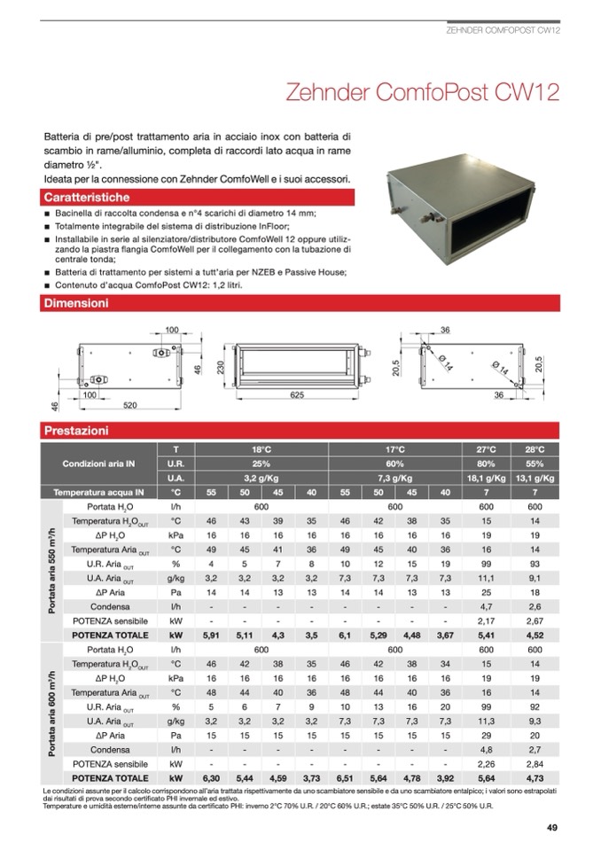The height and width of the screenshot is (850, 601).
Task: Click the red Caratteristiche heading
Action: pyautogui.click(x=87, y=197)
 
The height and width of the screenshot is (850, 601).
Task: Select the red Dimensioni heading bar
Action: pyautogui.click(x=76, y=304)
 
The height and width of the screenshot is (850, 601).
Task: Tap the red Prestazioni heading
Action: pyautogui.click(x=76, y=431)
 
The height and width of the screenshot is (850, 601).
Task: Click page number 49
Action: pyautogui.click(x=551, y=828)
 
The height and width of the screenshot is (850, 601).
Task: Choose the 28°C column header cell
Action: pyautogui.click(x=535, y=449)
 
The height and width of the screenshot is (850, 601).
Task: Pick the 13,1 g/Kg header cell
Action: pyautogui.click(x=535, y=478)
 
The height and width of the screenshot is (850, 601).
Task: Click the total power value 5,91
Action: pyautogui.click(x=211, y=635)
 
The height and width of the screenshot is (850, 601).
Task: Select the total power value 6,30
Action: pyautogui.click(x=211, y=777)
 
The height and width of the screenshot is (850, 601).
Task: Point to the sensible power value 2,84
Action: pyautogui.click(x=535, y=763)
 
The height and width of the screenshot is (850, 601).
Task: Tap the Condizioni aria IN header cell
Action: pyautogui.click(x=98, y=464)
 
